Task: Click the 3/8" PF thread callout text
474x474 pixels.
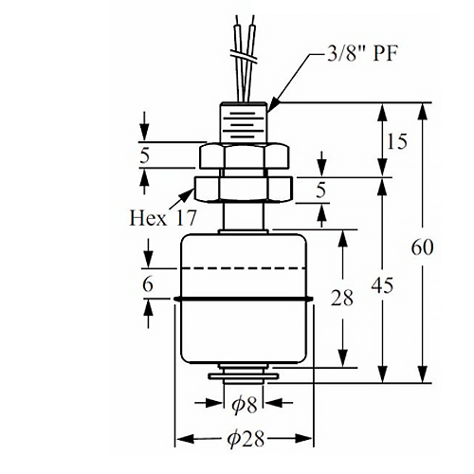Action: [x=362, y=54]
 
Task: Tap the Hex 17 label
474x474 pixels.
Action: [x=163, y=218]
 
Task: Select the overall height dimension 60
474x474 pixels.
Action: [x=422, y=247]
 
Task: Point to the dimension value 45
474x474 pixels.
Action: [x=382, y=285]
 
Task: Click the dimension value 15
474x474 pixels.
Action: [x=396, y=141]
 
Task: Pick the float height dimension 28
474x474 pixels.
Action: [x=342, y=298]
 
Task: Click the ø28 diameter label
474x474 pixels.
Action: [x=246, y=439]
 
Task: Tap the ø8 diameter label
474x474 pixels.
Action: [x=244, y=405]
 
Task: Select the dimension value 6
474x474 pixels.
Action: [x=148, y=284]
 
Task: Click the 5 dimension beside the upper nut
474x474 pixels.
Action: [x=144, y=155]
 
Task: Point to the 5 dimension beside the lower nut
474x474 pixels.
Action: [x=320, y=191]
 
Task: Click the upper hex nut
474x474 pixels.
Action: [x=244, y=156]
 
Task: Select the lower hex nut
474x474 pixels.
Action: [x=244, y=189]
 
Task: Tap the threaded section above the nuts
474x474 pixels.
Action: [x=244, y=122]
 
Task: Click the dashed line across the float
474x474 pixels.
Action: [x=244, y=268]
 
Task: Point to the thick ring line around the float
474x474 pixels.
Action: [x=244, y=299]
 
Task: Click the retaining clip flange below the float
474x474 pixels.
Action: [x=244, y=376]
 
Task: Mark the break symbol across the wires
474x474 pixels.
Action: [x=244, y=56]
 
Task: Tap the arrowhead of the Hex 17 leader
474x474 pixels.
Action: [x=189, y=193]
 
